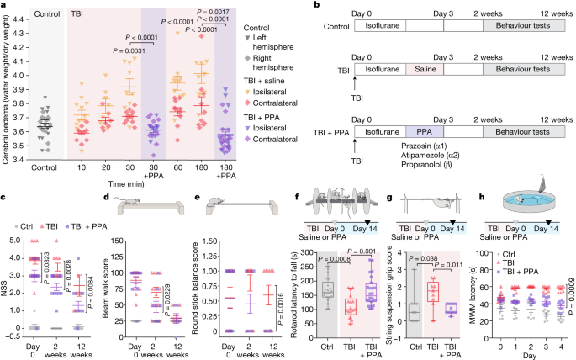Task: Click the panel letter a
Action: (x=5, y=6)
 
